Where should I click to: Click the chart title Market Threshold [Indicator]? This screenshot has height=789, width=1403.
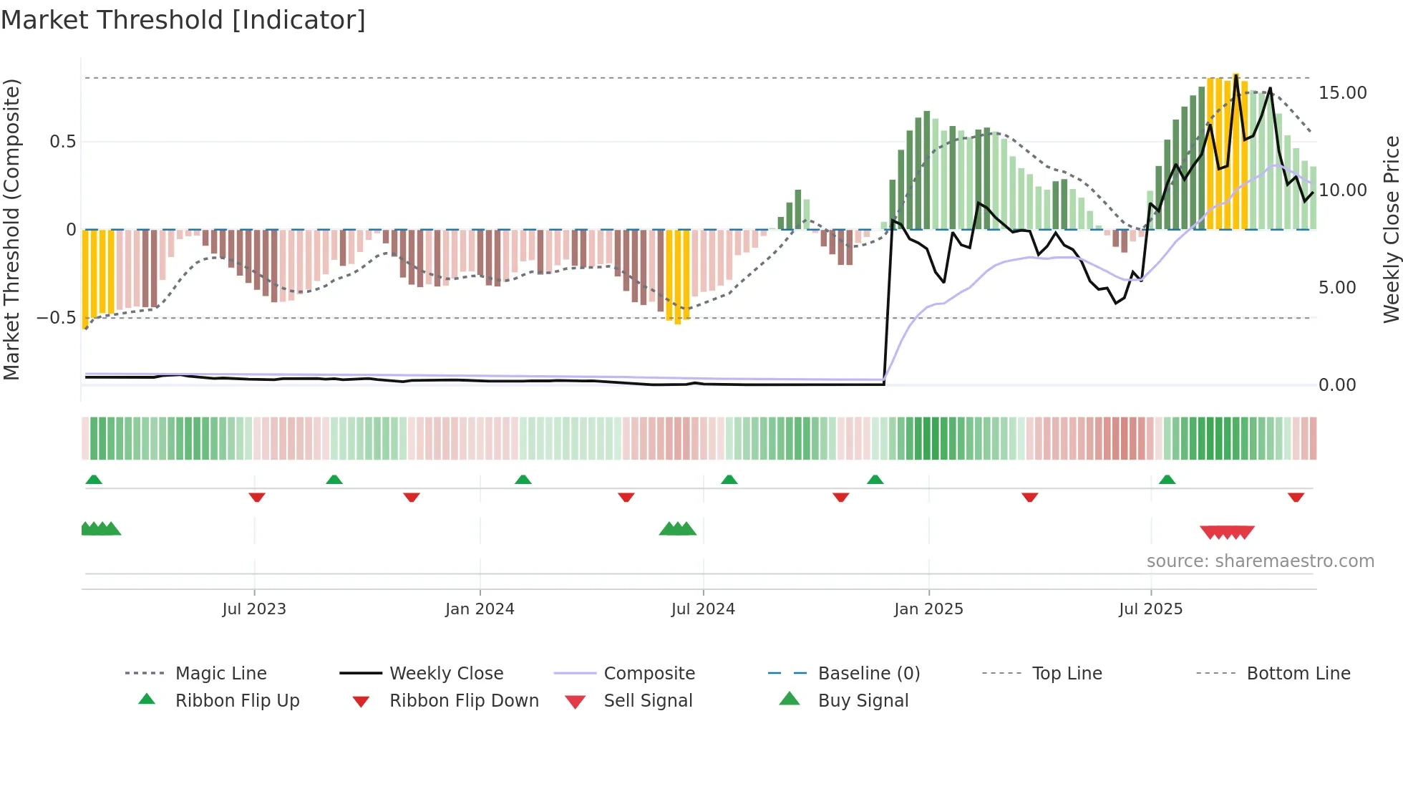point(183,20)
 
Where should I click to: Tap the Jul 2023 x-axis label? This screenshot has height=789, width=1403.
point(253,609)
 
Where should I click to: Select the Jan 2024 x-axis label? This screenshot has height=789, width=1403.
point(480,609)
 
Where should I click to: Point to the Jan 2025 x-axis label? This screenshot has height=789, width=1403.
point(928,609)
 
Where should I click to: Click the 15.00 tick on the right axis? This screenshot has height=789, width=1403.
point(1342,93)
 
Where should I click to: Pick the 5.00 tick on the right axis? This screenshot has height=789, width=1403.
point(1336,288)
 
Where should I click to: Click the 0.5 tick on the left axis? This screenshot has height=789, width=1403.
point(62,142)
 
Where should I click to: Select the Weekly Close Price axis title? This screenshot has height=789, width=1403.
point(1391,229)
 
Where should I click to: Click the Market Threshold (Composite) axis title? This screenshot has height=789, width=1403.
point(11,229)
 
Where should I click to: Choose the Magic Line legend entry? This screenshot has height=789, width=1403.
point(220,674)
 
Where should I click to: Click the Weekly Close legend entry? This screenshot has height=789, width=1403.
point(446,674)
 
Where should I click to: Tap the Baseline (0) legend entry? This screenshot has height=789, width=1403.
point(868,674)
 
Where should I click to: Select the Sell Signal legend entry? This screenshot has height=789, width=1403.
point(648,701)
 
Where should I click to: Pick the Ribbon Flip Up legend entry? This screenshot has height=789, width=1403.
point(237,701)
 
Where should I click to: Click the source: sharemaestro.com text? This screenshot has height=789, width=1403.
point(1260,561)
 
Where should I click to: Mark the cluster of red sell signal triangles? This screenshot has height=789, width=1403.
point(1227,532)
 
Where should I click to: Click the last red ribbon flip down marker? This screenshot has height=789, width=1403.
point(1296,497)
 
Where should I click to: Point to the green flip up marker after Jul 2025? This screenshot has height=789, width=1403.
point(1167,480)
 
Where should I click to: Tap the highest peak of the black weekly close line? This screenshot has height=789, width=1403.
point(1236,75)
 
